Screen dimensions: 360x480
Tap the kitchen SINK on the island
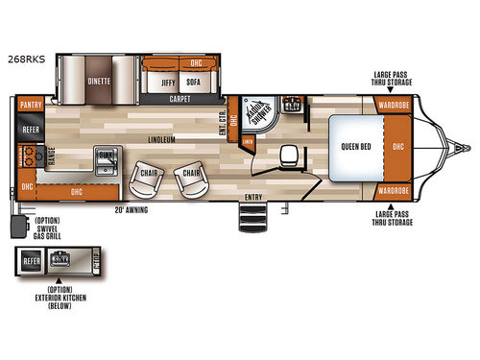click(x=107, y=154)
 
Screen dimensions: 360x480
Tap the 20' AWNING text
click(x=131, y=207)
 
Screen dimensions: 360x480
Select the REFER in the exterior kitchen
click(x=31, y=259)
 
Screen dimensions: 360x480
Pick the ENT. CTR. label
click(x=223, y=122)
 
